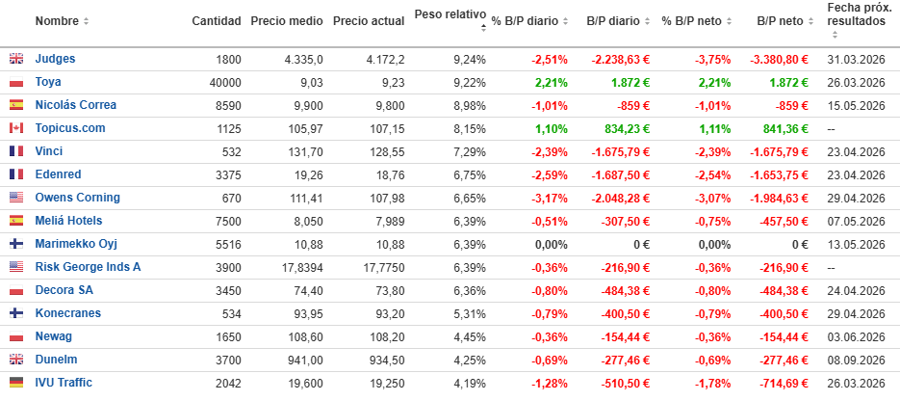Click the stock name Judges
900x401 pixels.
click(x=55, y=59)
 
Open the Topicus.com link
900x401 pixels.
click(x=69, y=128)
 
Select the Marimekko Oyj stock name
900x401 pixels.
click(x=77, y=244)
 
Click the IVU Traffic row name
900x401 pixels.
click(x=64, y=383)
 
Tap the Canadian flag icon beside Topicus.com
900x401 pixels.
click(x=15, y=128)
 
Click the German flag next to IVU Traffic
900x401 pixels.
click(x=15, y=383)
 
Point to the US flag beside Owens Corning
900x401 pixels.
click(x=15, y=198)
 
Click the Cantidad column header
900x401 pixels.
click(x=216, y=21)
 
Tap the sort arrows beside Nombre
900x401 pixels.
click(x=86, y=21)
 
